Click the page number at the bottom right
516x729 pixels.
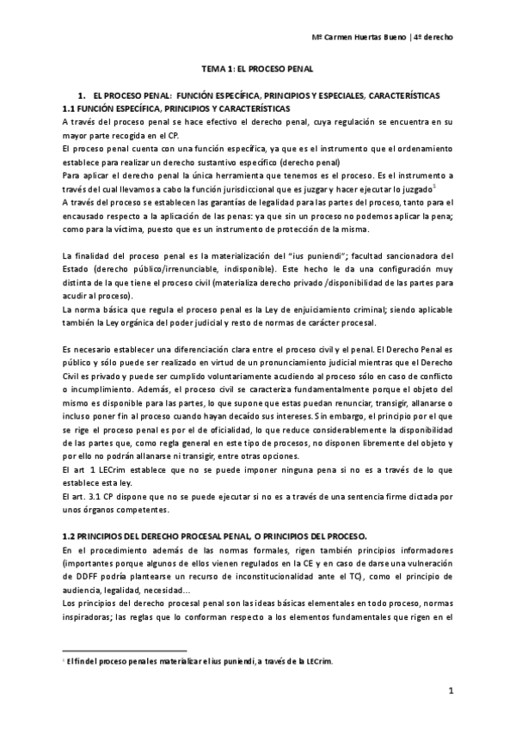coord(450,690)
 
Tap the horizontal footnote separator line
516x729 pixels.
coord(124,650)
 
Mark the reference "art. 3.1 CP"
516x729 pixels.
coord(87,471)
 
